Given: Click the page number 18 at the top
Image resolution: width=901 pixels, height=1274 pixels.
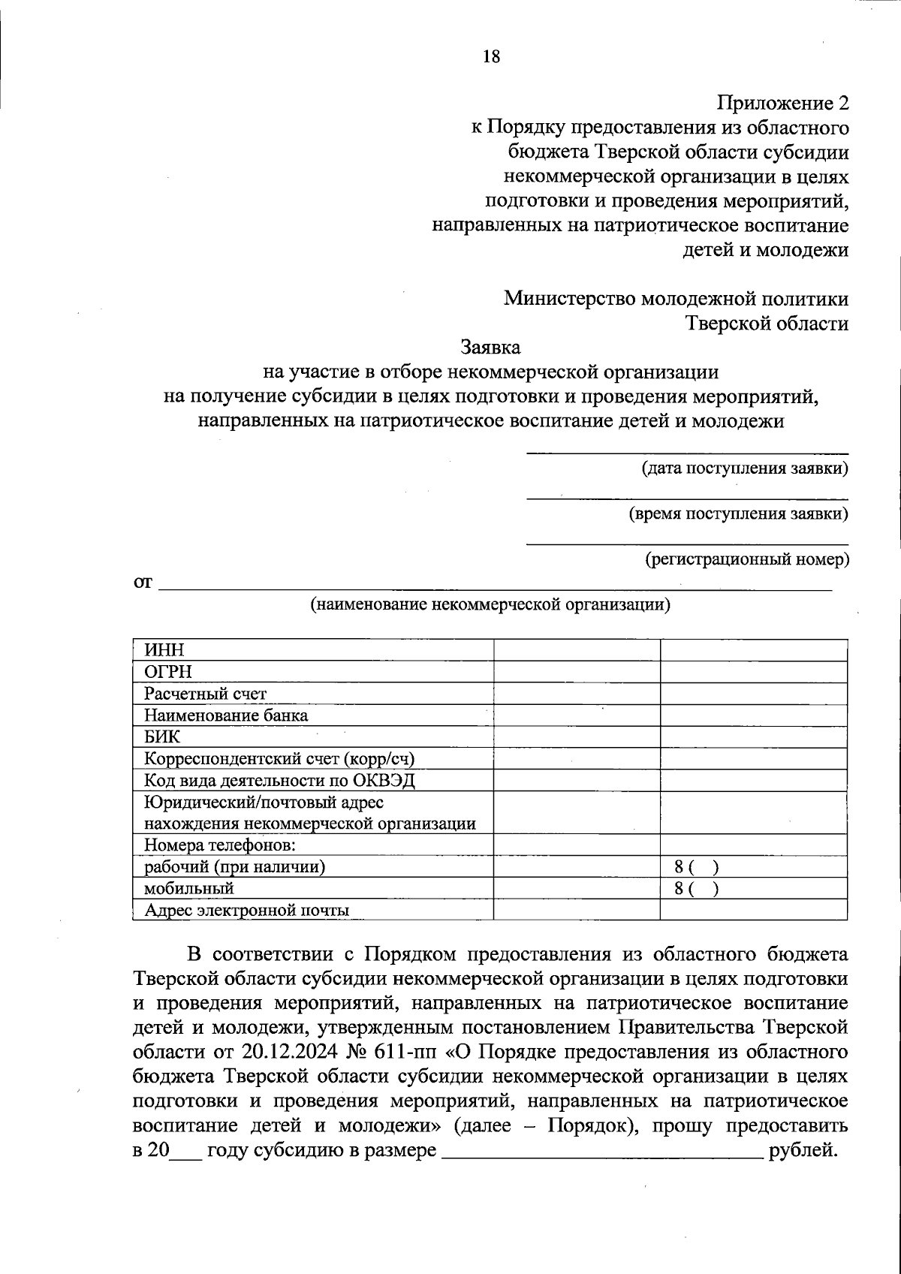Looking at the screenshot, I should tap(492, 56).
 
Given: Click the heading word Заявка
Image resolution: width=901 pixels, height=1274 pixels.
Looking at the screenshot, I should tap(490, 348).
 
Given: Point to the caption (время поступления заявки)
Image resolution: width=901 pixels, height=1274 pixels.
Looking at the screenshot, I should tap(739, 514).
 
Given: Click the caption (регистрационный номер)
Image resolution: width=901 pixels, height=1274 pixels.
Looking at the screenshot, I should tap(747, 559).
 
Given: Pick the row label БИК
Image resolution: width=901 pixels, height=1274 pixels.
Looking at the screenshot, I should tap(162, 736).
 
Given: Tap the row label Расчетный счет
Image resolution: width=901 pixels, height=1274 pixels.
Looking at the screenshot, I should tap(205, 694).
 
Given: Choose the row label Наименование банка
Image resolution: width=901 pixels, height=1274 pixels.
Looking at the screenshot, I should tap(226, 715).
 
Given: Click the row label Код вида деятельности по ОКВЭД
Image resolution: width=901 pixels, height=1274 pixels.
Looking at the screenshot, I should tap(279, 780).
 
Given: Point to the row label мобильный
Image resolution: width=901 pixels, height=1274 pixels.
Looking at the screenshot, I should tap(189, 889).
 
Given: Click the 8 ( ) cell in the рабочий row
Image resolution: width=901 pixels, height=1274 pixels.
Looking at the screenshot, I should tap(698, 868).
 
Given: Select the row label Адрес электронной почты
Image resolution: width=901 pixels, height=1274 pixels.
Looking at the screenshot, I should tap(247, 911).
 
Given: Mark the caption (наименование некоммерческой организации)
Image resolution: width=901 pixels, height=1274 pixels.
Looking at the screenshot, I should tap(490, 604).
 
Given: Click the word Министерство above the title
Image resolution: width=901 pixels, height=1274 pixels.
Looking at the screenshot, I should tap(568, 299).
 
